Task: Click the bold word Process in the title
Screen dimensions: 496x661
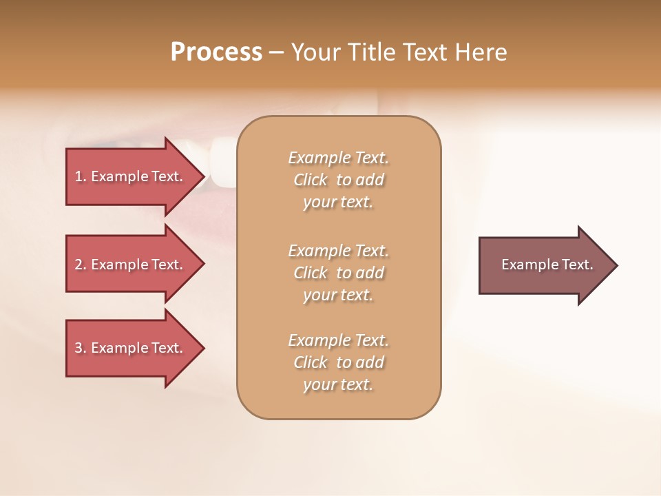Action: [216, 52]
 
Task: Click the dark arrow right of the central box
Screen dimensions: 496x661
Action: [544, 265]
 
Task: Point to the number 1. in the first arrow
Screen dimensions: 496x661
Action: [81, 176]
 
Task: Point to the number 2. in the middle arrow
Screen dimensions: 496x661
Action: [81, 265]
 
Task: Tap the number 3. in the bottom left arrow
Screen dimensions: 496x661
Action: [81, 348]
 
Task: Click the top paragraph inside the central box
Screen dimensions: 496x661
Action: [338, 180]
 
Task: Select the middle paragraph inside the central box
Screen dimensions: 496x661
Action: [338, 273]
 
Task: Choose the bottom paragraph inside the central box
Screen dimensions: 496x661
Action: [338, 362]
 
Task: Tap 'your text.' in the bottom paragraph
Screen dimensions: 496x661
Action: [338, 384]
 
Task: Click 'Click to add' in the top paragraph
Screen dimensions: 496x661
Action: [338, 180]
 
